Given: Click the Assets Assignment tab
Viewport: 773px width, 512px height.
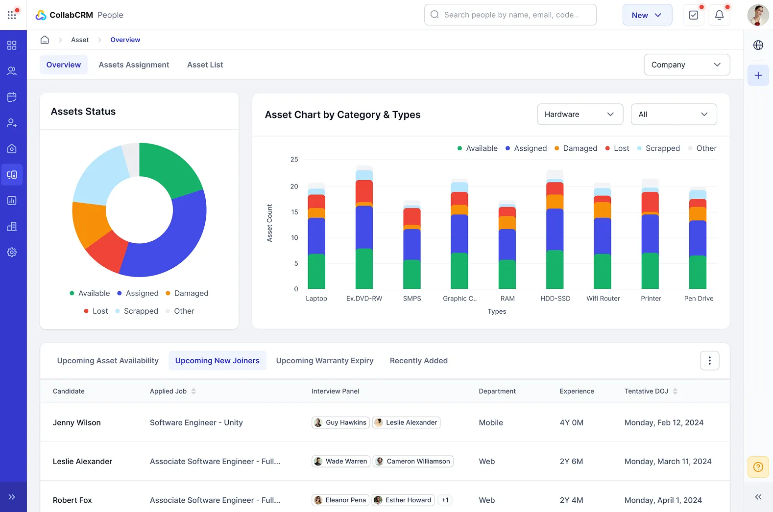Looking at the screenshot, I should click(134, 65).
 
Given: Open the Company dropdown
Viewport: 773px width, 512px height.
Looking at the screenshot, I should click(686, 65).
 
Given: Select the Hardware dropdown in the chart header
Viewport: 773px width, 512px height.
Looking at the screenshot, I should click(580, 114).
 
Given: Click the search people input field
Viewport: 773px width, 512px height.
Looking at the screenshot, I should click(510, 15).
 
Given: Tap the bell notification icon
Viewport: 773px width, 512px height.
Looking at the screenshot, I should click(719, 15).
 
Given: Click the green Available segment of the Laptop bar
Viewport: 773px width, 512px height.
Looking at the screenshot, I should click(316, 271).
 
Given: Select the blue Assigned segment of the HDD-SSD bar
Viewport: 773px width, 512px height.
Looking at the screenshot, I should click(555, 229).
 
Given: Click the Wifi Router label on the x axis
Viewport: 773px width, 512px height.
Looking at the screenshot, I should click(603, 299).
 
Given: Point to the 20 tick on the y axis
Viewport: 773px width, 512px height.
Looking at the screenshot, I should click(294, 186).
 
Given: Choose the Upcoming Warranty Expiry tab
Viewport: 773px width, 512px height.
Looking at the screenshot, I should click(324, 361).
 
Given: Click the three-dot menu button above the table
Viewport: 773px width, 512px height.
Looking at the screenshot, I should click(709, 361).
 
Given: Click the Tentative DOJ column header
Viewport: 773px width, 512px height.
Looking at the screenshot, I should click(647, 391).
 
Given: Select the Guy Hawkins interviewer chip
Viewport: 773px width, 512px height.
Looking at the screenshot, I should click(341, 422).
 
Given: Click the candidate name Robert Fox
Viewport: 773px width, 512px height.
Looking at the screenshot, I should click(72, 500).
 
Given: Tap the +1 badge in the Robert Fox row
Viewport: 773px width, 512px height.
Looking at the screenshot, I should click(445, 500).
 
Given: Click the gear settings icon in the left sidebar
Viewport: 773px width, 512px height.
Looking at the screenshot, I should click(12, 252).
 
